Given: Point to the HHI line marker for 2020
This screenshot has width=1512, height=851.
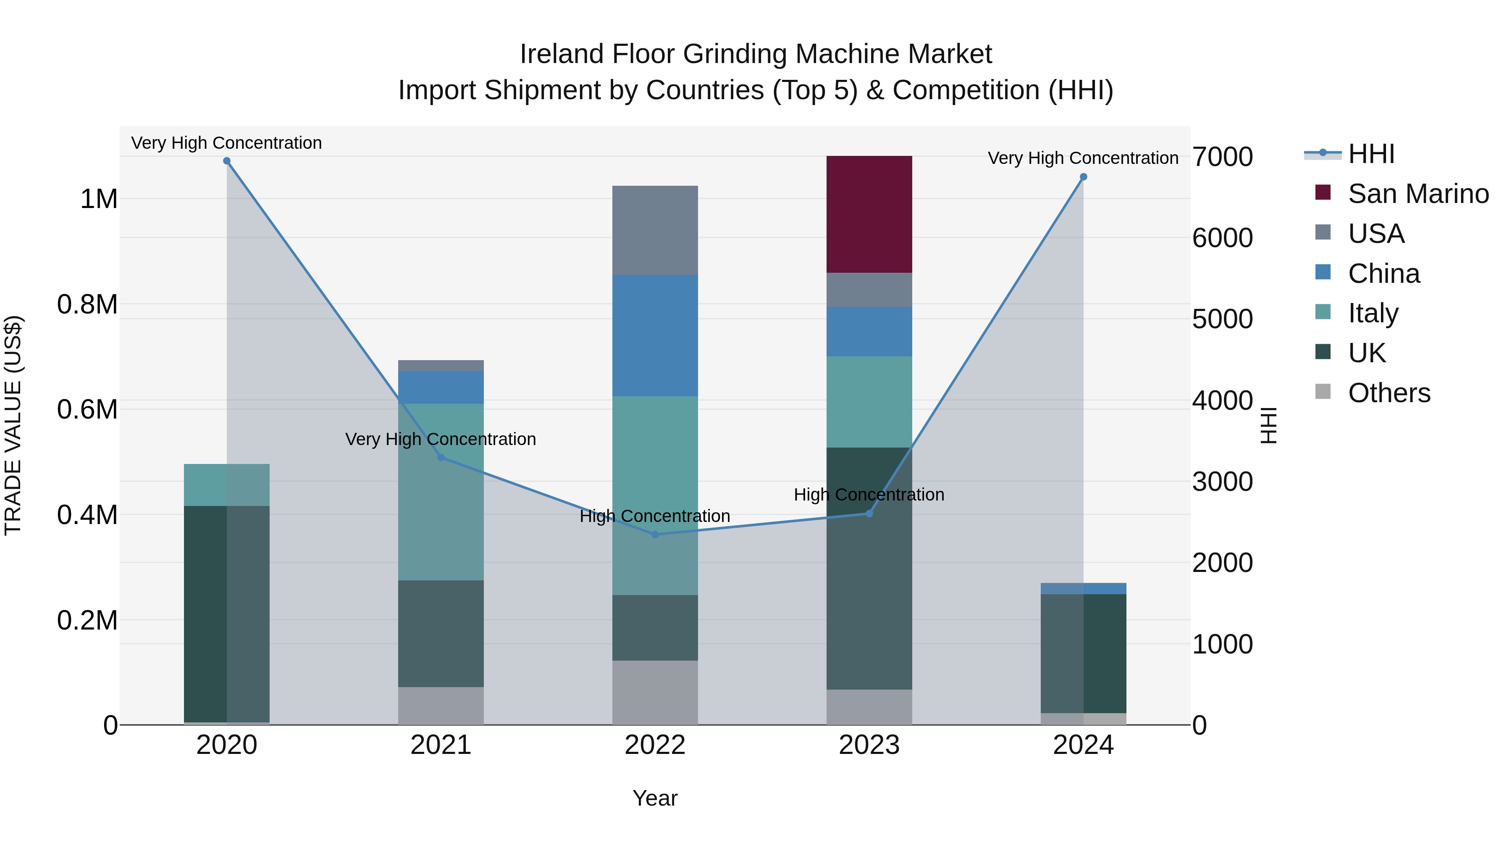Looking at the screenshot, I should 226,161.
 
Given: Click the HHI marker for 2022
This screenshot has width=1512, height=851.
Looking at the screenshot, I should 655,535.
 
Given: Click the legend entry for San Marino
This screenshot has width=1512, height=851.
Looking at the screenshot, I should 1417,194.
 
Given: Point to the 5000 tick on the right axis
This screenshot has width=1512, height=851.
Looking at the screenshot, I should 1223,319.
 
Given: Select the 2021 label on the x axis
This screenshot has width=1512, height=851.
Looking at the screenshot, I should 441,745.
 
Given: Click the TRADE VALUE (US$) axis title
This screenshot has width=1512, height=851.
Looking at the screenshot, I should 13,425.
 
